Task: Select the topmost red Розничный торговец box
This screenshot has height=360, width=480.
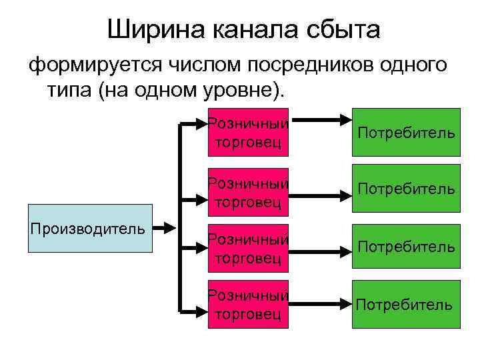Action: point(249,132)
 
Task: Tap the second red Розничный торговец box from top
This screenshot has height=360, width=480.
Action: point(249,192)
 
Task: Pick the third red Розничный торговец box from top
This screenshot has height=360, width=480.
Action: point(249,247)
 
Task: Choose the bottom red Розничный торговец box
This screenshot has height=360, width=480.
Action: point(249,305)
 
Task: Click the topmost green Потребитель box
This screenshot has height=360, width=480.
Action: point(406,132)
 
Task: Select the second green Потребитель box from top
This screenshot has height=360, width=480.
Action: point(406,189)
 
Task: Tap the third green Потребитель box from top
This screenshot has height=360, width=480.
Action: point(406,247)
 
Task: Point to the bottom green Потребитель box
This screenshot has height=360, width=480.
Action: point(406,305)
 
